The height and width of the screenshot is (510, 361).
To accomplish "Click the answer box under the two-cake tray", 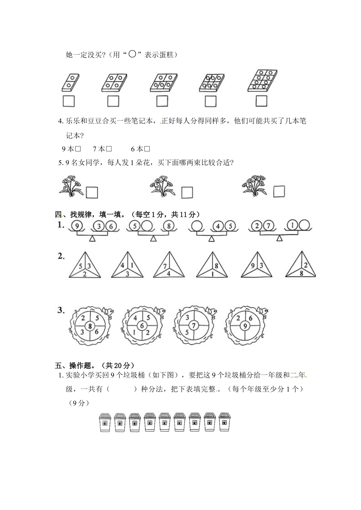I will point(69,101).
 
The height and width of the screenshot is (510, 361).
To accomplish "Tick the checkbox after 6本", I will point(147,149).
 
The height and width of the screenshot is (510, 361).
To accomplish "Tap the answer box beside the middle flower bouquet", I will point(187,192).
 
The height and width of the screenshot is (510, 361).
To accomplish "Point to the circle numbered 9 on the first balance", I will point(77,226).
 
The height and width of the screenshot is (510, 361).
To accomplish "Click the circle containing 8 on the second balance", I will point(169,226).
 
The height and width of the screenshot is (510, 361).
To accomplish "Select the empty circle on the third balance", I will point(196,226).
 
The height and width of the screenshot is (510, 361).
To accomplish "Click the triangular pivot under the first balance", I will point(92,239).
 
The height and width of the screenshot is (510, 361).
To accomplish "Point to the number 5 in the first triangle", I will point(80,266).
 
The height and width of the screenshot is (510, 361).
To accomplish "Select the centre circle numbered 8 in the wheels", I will point(90,326).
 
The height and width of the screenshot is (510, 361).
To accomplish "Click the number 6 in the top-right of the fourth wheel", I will point(250,319).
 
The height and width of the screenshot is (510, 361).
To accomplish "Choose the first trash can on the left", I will point(105,422).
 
